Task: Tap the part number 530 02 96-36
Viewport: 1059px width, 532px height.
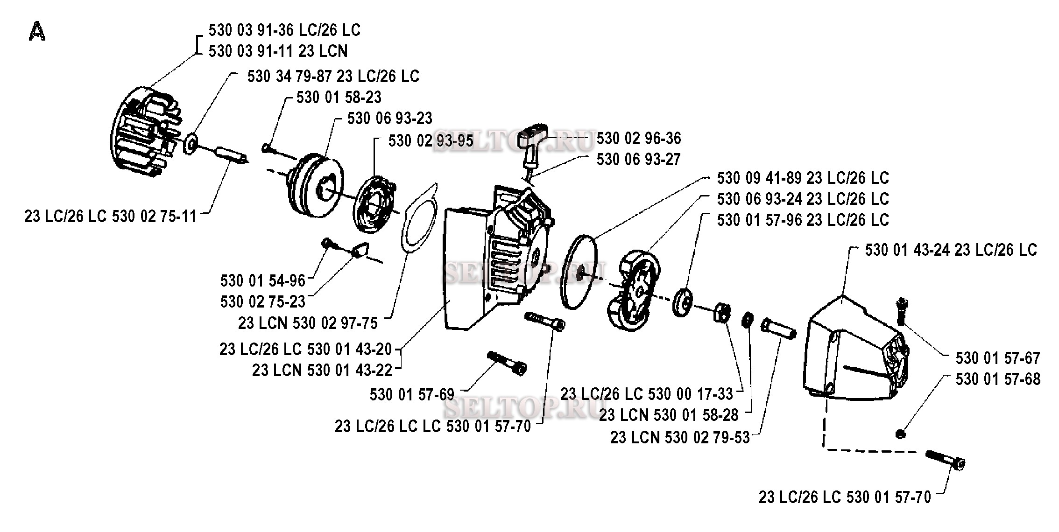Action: pyautogui.click(x=639, y=139)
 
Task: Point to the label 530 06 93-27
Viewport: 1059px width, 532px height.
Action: pyautogui.click(x=639, y=160)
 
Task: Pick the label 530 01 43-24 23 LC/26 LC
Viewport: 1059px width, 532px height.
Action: pyautogui.click(x=951, y=250)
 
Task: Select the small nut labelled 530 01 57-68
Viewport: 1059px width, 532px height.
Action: pyautogui.click(x=901, y=434)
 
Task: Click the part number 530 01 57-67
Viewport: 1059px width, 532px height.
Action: pyautogui.click(x=998, y=358)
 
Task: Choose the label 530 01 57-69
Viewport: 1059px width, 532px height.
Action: pyautogui.click(x=412, y=395)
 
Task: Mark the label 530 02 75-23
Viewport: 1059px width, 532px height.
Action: pyautogui.click(x=263, y=302)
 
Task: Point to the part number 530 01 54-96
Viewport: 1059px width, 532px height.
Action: pyautogui.click(x=263, y=281)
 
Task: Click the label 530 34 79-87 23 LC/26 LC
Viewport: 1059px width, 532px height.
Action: pyautogui.click(x=333, y=77)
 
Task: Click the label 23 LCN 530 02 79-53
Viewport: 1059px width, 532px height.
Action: pyautogui.click(x=680, y=438)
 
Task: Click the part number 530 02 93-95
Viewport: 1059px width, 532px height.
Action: pyautogui.click(x=431, y=141)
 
